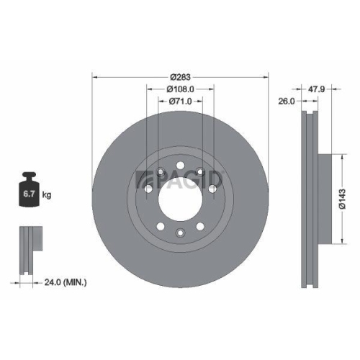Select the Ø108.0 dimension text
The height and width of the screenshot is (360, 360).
tap(179, 89)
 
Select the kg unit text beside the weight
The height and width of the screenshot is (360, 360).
tap(46, 195)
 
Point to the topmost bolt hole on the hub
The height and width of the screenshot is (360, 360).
tap(179, 166)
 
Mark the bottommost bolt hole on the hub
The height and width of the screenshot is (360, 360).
tap(179, 233)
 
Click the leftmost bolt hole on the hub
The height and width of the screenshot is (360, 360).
tap(148, 189)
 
